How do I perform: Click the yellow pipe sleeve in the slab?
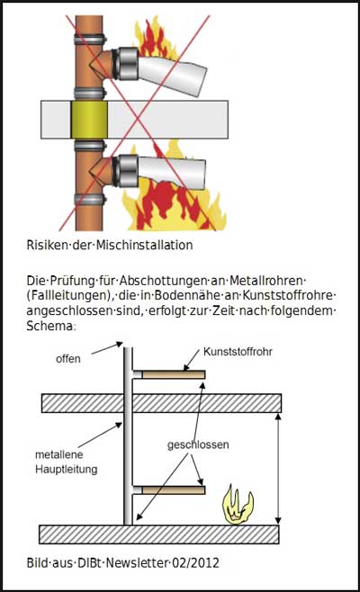[x=89, y=120]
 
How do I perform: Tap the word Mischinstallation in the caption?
[x=144, y=245]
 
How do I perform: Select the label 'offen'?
[x=68, y=359]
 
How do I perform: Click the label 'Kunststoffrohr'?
[x=238, y=352]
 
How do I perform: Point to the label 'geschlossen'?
[x=198, y=444]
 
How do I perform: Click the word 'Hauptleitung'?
[x=67, y=470]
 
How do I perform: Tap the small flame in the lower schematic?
[x=238, y=506]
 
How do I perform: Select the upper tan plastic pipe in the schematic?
[x=174, y=374]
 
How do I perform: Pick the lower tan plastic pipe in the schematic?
[x=174, y=490]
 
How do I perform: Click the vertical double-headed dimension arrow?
[x=278, y=469]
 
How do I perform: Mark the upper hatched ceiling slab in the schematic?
[x=161, y=403]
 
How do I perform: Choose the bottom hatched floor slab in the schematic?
[x=159, y=534]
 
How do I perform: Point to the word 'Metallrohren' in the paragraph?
[x=265, y=281]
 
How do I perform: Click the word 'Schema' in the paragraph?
[x=49, y=326]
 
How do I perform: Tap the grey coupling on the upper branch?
[x=128, y=63]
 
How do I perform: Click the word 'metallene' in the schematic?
[x=58, y=454]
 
